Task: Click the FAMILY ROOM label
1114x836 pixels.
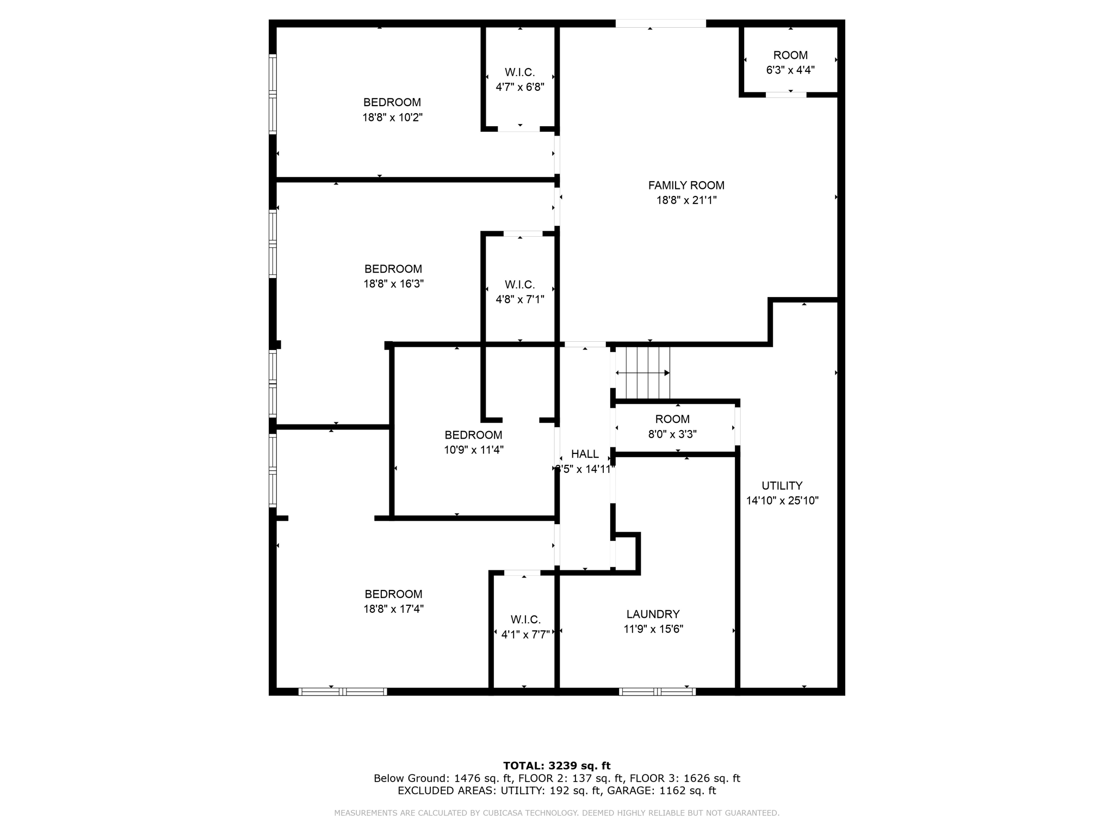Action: [686, 186]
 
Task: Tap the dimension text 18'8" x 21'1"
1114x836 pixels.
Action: [686, 200]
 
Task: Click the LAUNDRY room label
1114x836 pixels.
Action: [653, 614]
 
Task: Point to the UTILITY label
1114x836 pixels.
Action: [782, 486]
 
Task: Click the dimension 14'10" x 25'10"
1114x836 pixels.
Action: [782, 501]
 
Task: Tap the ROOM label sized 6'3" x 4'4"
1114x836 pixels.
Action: [790, 56]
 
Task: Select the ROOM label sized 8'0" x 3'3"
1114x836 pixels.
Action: [672, 420]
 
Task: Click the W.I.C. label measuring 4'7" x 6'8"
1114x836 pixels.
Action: [519, 72]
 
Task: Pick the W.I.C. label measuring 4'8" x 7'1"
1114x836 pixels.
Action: [519, 285]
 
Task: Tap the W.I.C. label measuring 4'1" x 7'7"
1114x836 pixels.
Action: [525, 620]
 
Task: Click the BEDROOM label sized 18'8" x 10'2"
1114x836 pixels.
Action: [392, 102]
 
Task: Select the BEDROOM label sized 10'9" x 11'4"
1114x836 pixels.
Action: [473, 435]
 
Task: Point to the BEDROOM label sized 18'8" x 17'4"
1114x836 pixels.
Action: [393, 594]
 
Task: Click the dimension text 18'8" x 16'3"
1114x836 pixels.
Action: [393, 284]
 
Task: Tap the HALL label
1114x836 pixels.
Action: [585, 454]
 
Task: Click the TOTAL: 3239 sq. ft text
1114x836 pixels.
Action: [556, 766]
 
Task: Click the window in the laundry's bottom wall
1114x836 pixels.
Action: [657, 692]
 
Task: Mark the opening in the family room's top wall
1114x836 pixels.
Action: [660, 23]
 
